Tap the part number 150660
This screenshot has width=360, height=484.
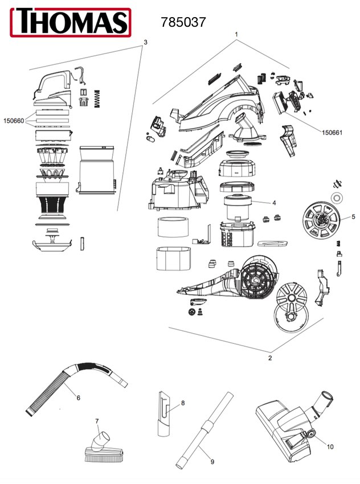(14, 121)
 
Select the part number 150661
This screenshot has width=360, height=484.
(333, 133)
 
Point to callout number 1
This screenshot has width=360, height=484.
(236, 35)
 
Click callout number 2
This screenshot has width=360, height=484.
(270, 358)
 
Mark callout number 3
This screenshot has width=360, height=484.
(146, 43)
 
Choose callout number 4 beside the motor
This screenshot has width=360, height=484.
(274, 202)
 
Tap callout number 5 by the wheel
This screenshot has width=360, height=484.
(353, 216)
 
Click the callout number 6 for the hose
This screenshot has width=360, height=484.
(78, 397)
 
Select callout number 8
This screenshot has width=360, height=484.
(183, 403)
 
